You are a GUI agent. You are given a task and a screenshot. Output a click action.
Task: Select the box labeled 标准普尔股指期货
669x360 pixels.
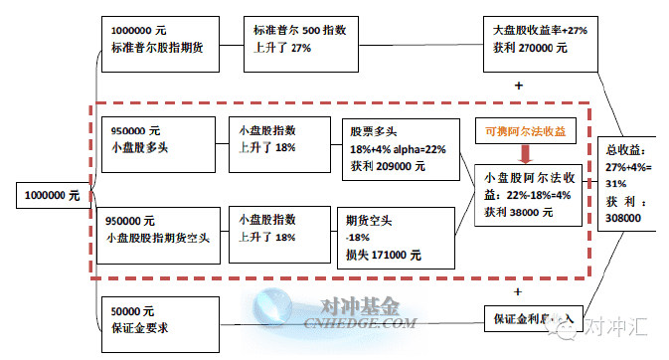(x=159, y=43)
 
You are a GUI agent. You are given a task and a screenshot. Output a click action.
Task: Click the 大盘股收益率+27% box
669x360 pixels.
(x=540, y=45)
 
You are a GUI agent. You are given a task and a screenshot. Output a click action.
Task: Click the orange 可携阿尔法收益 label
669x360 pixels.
(x=525, y=130)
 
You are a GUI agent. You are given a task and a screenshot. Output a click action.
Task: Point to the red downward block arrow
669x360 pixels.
(x=524, y=152)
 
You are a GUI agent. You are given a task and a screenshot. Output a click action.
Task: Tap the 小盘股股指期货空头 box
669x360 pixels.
(x=159, y=229)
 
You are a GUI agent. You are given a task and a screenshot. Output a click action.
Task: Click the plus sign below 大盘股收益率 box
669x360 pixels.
(x=519, y=87)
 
